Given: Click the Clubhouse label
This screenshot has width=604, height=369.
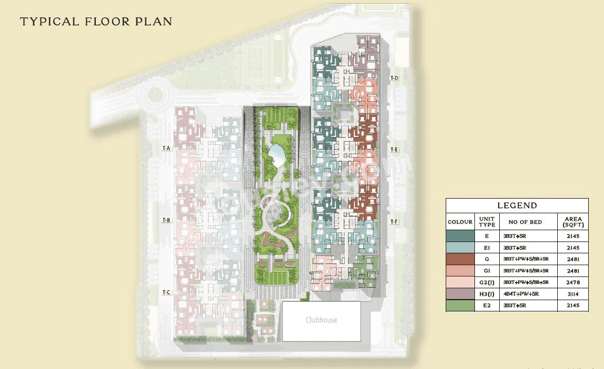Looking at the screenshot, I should click(321, 320).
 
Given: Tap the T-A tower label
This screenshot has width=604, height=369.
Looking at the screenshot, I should click(166, 148).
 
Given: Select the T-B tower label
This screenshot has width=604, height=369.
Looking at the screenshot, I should click(166, 220).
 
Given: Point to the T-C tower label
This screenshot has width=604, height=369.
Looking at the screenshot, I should click(166, 292).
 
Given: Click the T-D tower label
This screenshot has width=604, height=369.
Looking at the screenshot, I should click(394, 78).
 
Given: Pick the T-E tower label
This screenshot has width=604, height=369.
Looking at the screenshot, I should click(394, 150).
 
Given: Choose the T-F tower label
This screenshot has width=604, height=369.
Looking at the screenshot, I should click(394, 222).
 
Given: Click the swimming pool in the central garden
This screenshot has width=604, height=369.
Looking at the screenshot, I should click(276, 152).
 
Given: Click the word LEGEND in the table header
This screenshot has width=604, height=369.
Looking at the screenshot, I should click(517, 206).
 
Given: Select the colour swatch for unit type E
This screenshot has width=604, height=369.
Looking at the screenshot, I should click(460, 236).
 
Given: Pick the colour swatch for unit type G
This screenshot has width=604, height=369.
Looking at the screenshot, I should click(460, 260).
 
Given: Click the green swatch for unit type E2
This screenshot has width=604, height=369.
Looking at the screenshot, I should click(460, 305).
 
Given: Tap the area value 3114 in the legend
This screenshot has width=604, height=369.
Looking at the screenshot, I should click(573, 294).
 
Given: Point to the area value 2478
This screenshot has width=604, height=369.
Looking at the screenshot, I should click(573, 282).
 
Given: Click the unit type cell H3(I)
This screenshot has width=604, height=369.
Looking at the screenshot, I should click(486, 294).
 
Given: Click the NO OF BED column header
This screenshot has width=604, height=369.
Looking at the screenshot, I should click(525, 222).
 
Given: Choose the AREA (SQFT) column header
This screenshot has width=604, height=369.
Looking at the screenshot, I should click(573, 222).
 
